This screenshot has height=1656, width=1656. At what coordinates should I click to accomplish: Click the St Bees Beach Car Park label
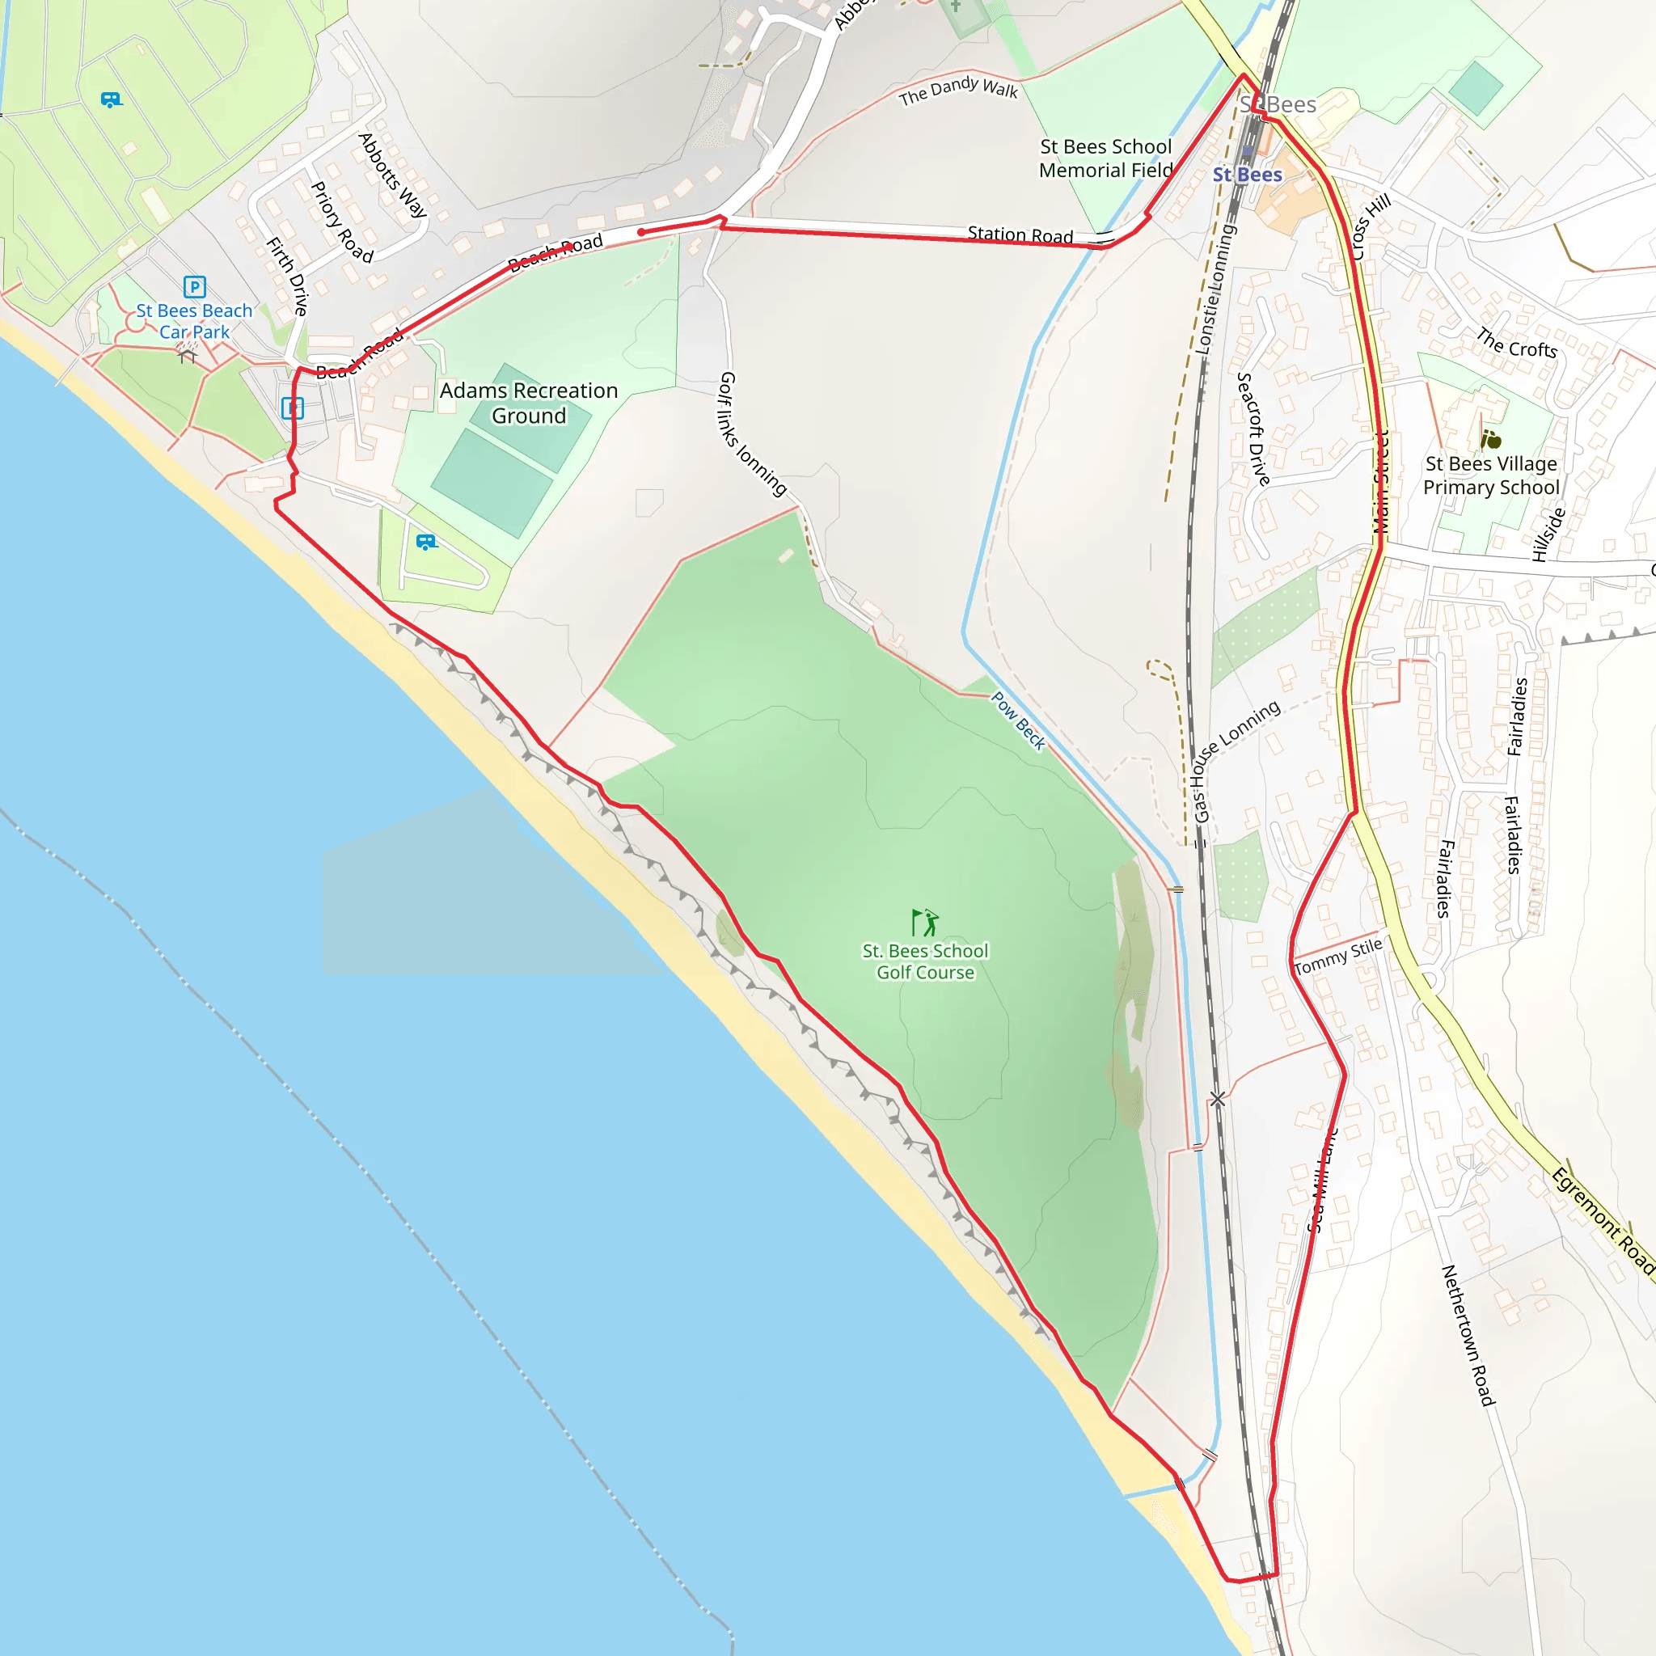(x=194, y=322)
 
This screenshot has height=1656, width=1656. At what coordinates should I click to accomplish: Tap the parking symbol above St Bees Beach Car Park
(x=195, y=286)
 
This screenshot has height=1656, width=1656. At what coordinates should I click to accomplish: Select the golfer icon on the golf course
(x=925, y=923)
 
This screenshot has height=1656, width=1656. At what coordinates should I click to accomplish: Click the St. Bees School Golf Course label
(x=925, y=961)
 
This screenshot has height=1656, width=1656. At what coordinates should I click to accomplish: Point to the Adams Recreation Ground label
(x=528, y=403)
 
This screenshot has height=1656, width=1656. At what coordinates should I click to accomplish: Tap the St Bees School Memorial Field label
(x=1105, y=158)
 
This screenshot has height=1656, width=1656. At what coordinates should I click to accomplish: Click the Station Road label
(x=1020, y=234)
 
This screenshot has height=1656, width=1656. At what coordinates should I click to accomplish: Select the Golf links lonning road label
(x=752, y=433)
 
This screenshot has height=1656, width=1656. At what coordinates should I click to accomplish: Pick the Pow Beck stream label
(x=1018, y=720)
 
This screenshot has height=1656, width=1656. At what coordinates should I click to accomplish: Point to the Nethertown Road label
(x=1468, y=1334)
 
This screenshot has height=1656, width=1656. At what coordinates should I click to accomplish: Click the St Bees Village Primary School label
(x=1490, y=475)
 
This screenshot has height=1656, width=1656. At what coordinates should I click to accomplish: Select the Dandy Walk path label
(x=957, y=90)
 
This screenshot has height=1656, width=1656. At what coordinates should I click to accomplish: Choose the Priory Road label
(x=341, y=222)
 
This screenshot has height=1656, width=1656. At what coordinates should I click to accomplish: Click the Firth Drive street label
(x=287, y=276)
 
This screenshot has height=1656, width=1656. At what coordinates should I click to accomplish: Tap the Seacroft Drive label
(x=1253, y=429)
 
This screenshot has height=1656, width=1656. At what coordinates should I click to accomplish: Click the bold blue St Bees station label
(x=1247, y=175)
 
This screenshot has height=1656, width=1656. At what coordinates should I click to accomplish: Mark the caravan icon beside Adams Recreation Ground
(x=426, y=542)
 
